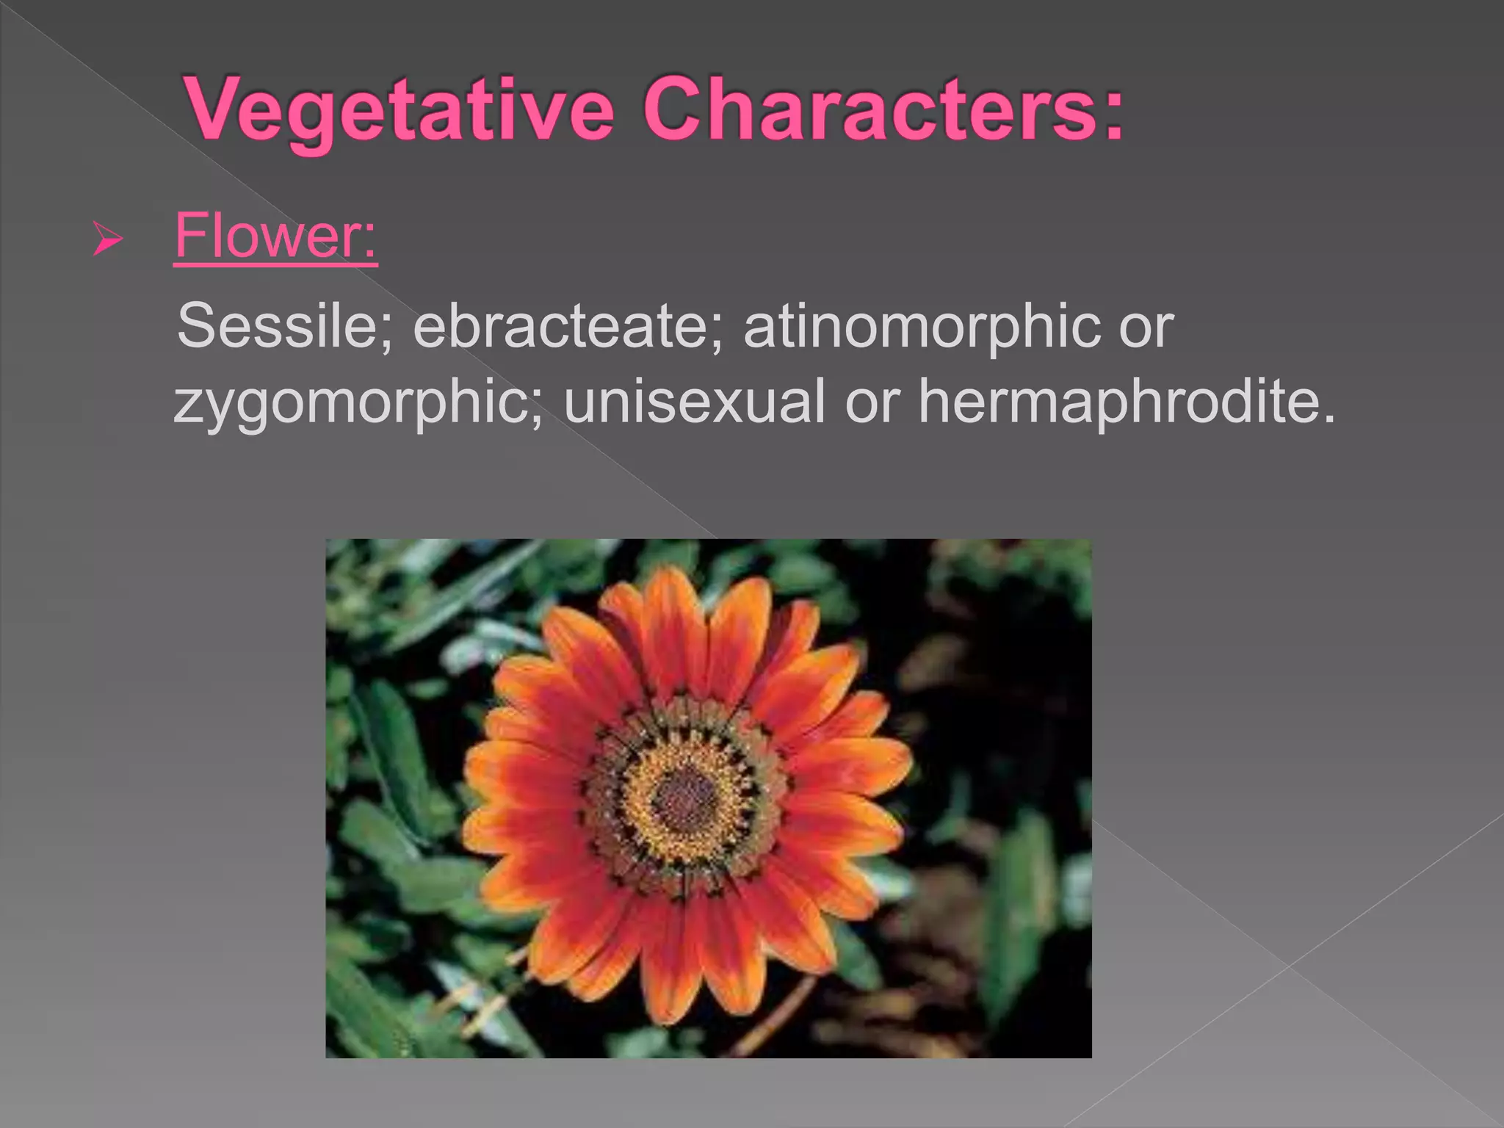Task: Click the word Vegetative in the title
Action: point(400,110)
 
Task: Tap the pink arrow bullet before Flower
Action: point(107,239)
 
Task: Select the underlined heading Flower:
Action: point(275,236)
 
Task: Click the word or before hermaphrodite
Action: point(872,402)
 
